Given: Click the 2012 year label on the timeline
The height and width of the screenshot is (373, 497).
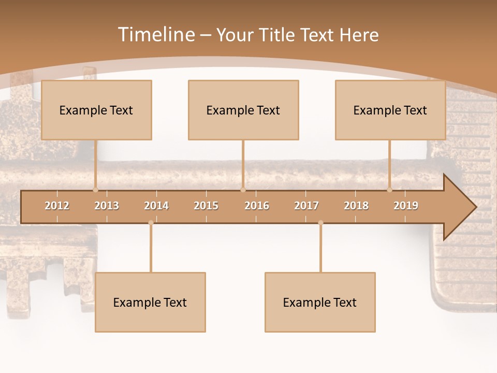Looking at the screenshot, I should pyautogui.click(x=57, y=206).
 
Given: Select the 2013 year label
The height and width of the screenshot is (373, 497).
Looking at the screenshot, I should pyautogui.click(x=107, y=206).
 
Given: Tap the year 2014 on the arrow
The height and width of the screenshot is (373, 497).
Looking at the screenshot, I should pyautogui.click(x=156, y=206).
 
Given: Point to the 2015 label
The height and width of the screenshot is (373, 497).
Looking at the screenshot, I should pyautogui.click(x=206, y=206).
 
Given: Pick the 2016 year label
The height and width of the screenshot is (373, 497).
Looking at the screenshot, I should pyautogui.click(x=257, y=206).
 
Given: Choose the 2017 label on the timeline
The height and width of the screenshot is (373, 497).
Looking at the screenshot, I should pyautogui.click(x=306, y=206).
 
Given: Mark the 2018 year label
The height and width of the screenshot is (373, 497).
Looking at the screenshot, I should pyautogui.click(x=356, y=206).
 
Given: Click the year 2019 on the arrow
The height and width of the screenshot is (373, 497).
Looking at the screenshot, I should pyautogui.click(x=406, y=206).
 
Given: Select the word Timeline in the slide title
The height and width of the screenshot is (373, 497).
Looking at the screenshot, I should pyautogui.click(x=155, y=35).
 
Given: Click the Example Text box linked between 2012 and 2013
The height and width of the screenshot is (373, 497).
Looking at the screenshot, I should pyautogui.click(x=96, y=110).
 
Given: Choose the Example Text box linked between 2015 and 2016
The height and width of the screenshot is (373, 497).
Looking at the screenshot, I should pyautogui.click(x=243, y=110).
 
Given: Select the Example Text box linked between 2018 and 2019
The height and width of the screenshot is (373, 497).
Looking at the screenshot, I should pyautogui.click(x=390, y=110).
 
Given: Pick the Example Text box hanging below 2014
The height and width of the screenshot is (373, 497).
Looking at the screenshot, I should pyautogui.click(x=150, y=302).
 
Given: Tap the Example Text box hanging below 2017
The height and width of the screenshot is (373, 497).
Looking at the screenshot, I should pyautogui.click(x=320, y=302).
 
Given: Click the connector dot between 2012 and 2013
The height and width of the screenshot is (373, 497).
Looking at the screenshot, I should pyautogui.click(x=96, y=190).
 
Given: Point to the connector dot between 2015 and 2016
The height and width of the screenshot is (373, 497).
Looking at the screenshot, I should pyautogui.click(x=243, y=190).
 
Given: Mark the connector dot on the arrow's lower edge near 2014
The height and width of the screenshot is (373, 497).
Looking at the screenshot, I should pyautogui.click(x=151, y=223).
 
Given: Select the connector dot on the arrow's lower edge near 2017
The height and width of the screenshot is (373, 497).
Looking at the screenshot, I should pyautogui.click(x=320, y=223).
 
